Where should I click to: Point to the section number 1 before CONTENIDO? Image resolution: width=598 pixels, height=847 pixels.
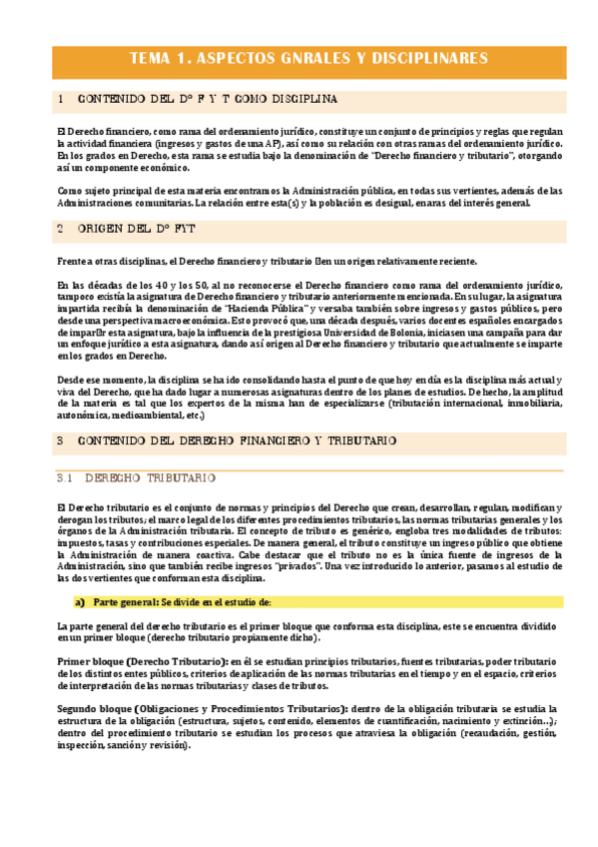[x=61, y=99]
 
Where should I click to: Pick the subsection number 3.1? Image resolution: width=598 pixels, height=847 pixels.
[x=63, y=478]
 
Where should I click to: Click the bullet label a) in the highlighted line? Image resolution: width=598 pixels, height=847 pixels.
[x=80, y=602]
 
